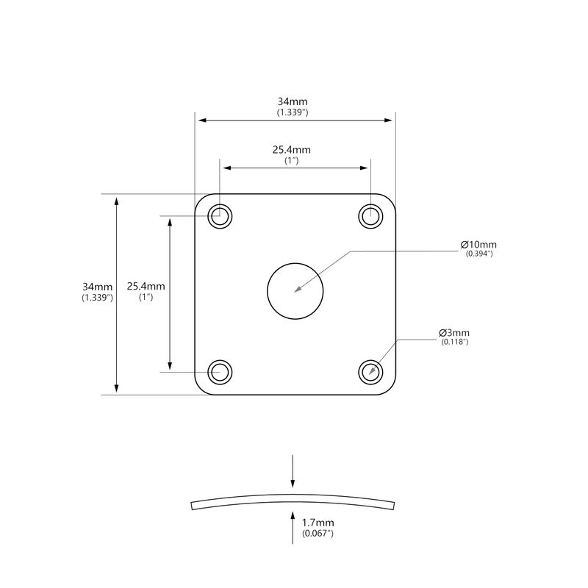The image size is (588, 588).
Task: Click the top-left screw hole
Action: coord(220,216)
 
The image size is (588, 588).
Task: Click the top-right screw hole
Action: coord(371,216)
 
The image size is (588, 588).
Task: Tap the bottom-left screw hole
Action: coord(220,373)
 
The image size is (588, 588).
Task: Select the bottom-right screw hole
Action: coord(371,373)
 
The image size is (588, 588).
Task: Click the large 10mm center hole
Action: coord(295,291)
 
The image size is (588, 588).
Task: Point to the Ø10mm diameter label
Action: coord(478,245)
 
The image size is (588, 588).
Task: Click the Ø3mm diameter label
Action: coord(454,333)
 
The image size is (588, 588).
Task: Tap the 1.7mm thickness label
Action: coord(318,523)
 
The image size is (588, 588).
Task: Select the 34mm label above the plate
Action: coord(293,101)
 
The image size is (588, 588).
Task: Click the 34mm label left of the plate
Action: coord(98,287)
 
